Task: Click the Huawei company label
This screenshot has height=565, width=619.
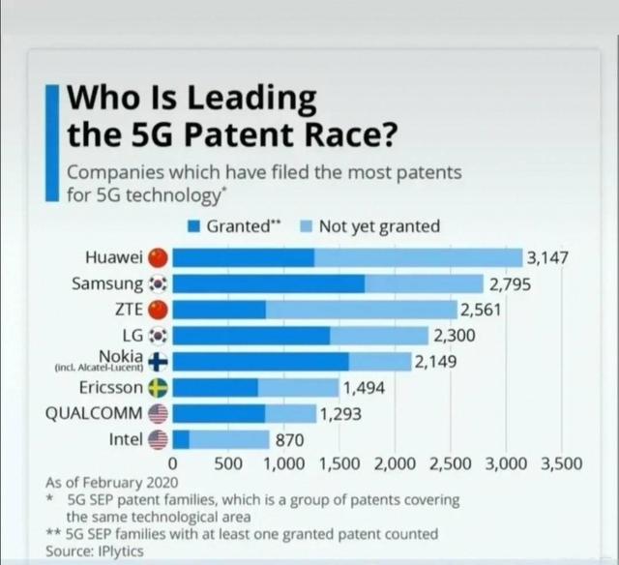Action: [114, 257]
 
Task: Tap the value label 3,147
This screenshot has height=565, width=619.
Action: [547, 257]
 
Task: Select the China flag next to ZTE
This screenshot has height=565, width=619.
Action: [160, 310]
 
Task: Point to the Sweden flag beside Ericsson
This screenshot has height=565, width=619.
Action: [160, 388]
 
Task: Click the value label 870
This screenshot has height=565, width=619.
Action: [290, 440]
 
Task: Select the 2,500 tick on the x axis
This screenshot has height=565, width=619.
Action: [449, 463]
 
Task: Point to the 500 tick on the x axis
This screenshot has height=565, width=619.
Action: [228, 463]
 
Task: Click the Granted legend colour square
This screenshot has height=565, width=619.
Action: [193, 226]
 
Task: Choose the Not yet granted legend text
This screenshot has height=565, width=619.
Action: [379, 226]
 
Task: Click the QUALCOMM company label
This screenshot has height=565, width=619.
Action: [94, 414]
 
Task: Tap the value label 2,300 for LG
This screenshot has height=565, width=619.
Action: [454, 336]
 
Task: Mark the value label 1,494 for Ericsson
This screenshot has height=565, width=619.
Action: [365, 388]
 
